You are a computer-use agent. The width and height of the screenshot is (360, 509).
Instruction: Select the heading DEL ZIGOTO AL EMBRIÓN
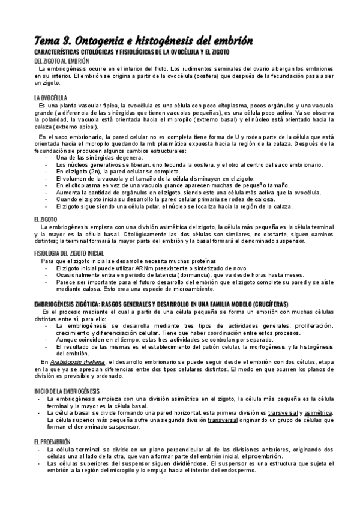(x=62, y=61)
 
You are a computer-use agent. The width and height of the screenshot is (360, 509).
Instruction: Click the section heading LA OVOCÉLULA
(x=50, y=97)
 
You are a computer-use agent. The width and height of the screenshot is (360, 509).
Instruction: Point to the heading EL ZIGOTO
(x=46, y=220)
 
